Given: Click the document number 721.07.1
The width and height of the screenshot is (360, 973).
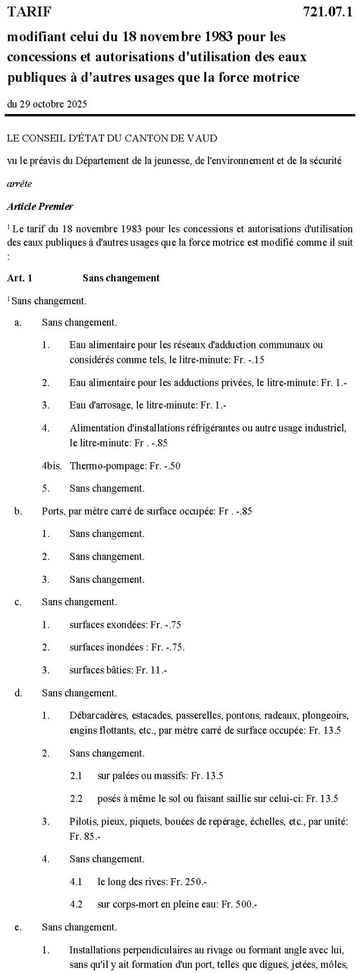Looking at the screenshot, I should pyautogui.click(x=327, y=12).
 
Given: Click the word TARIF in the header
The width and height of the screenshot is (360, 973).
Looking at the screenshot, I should pyautogui.click(x=29, y=12).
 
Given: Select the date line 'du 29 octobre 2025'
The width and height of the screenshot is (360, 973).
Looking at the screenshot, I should pyautogui.click(x=46, y=104).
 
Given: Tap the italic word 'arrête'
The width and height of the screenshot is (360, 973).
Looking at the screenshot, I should pyautogui.click(x=19, y=184).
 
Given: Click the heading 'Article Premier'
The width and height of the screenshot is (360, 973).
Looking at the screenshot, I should pyautogui.click(x=40, y=206).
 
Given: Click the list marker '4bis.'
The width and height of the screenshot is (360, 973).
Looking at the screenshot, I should pyautogui.click(x=52, y=465).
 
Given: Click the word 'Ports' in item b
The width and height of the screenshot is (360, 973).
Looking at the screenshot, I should pyautogui.click(x=53, y=511).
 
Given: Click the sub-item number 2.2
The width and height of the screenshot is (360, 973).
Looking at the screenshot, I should pyautogui.click(x=76, y=798).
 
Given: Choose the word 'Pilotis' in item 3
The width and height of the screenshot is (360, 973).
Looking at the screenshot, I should pyautogui.click(x=81, y=822).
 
